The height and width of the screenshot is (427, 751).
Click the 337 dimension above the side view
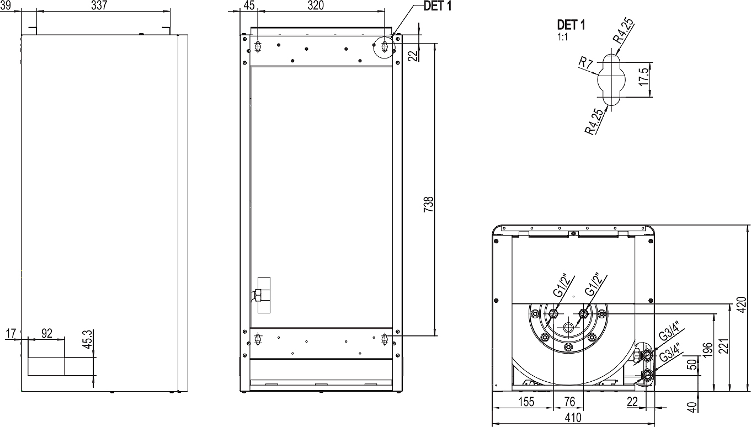coord(99,6)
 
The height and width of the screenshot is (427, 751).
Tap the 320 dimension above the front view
coord(316,6)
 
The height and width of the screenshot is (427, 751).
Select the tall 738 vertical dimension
coord(428,204)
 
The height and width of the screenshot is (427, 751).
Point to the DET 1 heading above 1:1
coord(571,25)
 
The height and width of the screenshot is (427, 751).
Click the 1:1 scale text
coord(563,37)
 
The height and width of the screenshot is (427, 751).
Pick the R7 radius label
coord(586,63)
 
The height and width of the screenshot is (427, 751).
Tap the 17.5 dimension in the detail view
coord(644,77)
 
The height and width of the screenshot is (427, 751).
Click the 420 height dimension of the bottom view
coord(742,305)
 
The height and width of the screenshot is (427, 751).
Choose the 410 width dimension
coord(573,418)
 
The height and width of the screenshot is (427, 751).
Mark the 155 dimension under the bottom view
coord(526,402)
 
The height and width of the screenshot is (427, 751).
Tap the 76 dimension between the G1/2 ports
coord(569,402)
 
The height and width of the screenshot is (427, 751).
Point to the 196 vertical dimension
coord(707,350)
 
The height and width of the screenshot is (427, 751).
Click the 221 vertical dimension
coord(723,346)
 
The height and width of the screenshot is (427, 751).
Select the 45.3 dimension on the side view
coord(88,339)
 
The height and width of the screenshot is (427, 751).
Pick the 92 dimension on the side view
coord(47,333)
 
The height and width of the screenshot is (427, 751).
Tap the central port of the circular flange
coord(568,328)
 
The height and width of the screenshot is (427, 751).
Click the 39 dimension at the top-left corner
coord(6,6)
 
